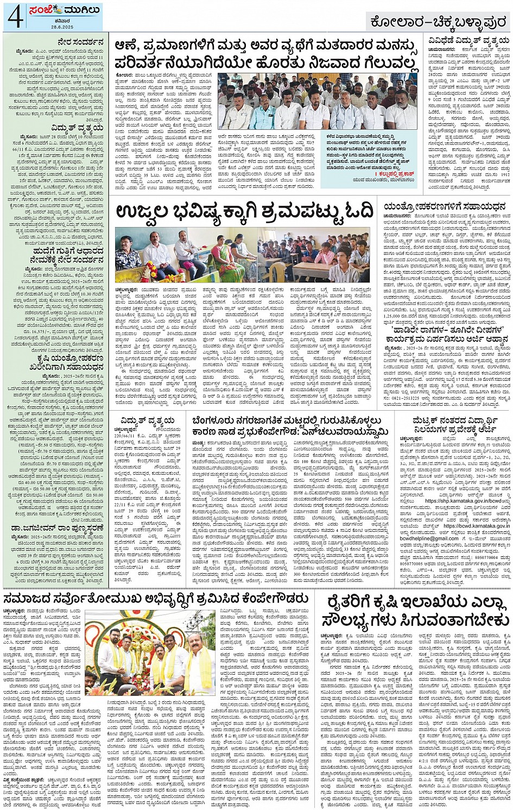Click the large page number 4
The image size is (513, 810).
pos(15,17)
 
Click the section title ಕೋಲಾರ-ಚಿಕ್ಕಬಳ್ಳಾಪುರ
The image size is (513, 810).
pos(438,22)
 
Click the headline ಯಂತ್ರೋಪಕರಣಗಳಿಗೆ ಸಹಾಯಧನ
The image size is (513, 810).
pos(445,207)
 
